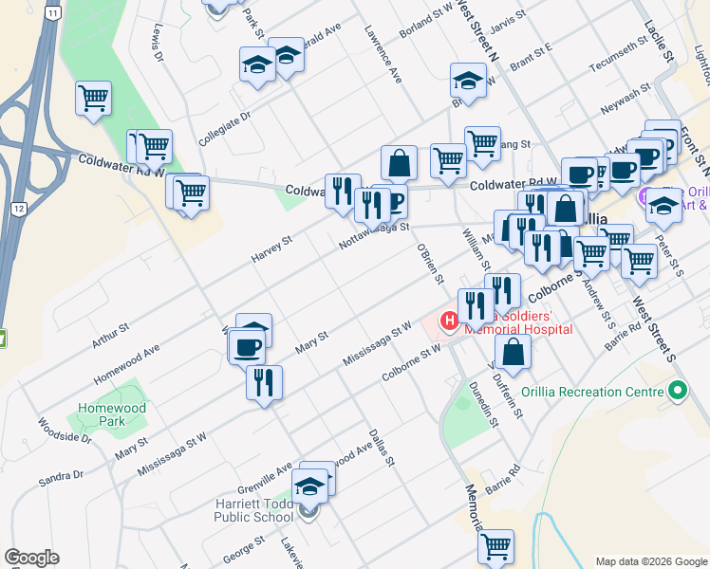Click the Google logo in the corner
point(31,558)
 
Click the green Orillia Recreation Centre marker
point(677,391)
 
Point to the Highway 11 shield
point(56,12)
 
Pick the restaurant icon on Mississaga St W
point(264,381)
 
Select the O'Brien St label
point(430,263)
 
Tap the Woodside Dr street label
point(65,431)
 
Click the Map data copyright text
point(650,560)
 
